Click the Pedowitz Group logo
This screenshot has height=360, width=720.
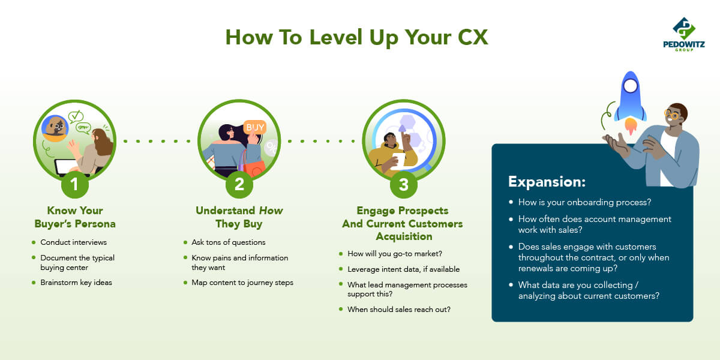[683, 34]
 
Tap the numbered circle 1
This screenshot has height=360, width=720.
[74, 185]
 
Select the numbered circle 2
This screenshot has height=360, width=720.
[239, 185]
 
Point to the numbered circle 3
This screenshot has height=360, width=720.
[404, 185]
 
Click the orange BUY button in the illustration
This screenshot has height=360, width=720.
[255, 127]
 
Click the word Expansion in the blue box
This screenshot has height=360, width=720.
[547, 182]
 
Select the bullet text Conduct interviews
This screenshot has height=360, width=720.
[74, 242]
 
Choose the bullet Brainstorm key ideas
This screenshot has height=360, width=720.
[76, 283]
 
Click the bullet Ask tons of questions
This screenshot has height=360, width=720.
[229, 242]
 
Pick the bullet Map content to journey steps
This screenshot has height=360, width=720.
[242, 283]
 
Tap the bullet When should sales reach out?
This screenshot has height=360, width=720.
[399, 309]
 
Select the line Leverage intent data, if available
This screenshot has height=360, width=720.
[403, 269]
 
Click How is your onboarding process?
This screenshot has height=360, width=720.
[584, 202]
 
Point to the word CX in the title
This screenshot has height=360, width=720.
[473, 37]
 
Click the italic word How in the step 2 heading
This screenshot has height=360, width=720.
[271, 211]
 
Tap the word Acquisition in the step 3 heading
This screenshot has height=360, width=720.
[404, 236]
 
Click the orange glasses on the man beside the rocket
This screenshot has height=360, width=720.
[672, 115]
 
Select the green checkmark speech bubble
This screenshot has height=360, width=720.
[76, 116]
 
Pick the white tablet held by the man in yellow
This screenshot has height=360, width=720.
[398, 161]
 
